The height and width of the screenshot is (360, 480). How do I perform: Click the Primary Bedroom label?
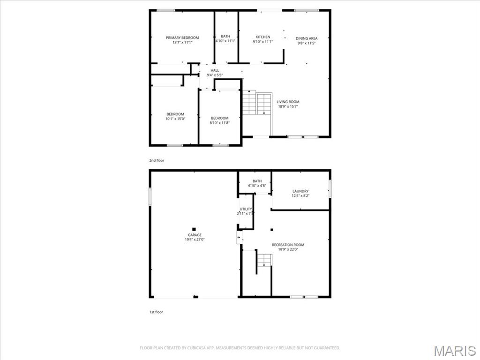pos(182,37)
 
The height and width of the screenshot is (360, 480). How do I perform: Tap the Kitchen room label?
pos(262,37)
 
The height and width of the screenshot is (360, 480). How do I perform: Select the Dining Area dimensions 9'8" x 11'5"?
pos(307,43)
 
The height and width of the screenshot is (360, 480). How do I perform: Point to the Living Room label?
pos(288,102)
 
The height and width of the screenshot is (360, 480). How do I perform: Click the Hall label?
pos(215,70)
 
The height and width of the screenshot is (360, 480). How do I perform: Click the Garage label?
pos(195,235)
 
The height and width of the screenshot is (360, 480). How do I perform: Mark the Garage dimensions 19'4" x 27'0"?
pos(195,240)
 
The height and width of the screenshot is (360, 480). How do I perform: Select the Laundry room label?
pos(300,191)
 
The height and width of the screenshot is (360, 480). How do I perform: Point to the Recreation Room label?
pos(288,245)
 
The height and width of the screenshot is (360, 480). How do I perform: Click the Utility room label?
pos(246,209)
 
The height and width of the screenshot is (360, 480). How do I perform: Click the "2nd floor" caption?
pos(157,160)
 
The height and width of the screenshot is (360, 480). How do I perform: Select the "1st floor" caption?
pos(156,312)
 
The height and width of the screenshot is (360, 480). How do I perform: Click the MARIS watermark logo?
pos(455,351)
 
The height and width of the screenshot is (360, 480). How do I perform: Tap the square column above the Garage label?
pos(194,229)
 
